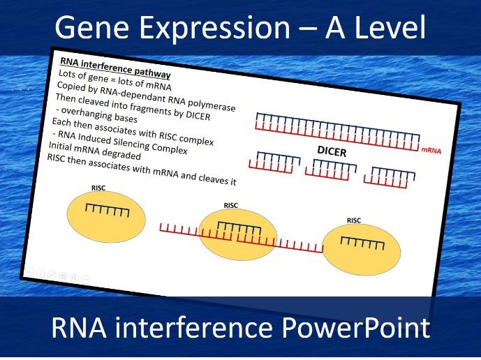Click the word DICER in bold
click(x=332, y=151)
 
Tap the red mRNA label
click(x=431, y=151)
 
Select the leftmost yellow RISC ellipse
click(x=106, y=217)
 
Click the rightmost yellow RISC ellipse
click(x=362, y=250)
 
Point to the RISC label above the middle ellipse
click(x=230, y=205)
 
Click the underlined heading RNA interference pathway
click(x=115, y=68)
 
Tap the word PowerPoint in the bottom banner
click(x=355, y=328)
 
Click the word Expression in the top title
click(x=215, y=28)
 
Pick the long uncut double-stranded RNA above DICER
click(x=338, y=132)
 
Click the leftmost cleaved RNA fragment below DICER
click(x=274, y=163)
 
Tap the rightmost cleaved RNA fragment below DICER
click(x=390, y=177)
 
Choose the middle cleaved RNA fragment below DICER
click(x=331, y=170)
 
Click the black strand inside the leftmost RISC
click(x=107, y=211)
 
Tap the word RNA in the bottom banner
click(x=79, y=327)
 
